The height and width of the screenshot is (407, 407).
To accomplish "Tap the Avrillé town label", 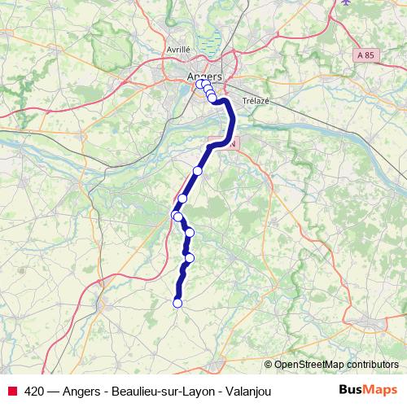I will coord(177,49).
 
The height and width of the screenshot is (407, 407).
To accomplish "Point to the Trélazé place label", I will coord(255,102).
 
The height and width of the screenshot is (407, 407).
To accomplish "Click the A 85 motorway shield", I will coord(366,54).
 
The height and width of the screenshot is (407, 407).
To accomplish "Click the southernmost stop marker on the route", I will coord(177,304).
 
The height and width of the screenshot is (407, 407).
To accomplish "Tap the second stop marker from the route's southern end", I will coord(190,259).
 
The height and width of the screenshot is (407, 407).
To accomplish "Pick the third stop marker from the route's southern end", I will coord(190,233).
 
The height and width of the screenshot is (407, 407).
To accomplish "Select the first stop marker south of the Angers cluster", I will coord(197,171).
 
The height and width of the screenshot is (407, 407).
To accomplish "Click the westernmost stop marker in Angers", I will coord(199,84).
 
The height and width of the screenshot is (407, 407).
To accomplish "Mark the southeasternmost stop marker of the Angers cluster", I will coord(212,98).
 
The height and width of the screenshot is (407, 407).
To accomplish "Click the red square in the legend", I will coord(11,391).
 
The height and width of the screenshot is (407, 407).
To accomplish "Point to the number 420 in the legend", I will coord(34,391).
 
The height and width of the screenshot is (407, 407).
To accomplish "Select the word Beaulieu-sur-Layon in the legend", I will coord(162,391).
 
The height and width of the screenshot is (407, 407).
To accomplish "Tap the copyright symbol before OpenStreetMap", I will coord(269,364).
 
